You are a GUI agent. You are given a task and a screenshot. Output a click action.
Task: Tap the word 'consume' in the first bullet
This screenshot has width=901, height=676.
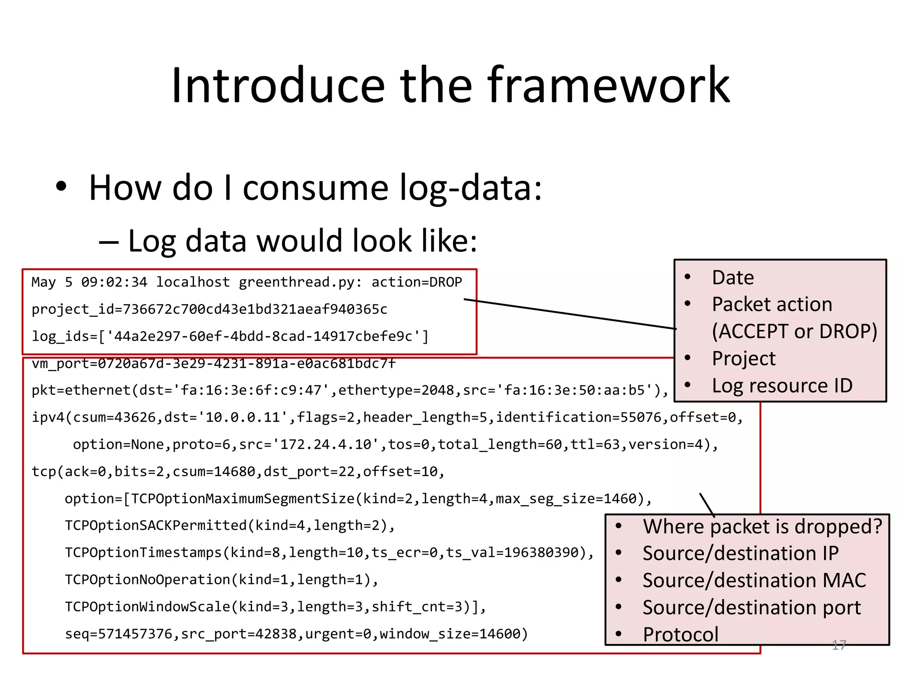click(x=315, y=188)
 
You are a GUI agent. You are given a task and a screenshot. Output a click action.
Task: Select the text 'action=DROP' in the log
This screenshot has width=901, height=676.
click(x=417, y=282)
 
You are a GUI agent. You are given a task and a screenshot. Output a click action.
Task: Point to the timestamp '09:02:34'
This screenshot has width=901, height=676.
click(x=114, y=282)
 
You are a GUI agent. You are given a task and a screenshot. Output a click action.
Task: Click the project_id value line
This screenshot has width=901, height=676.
click(x=209, y=309)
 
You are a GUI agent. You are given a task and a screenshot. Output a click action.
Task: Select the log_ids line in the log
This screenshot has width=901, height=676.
click(x=230, y=337)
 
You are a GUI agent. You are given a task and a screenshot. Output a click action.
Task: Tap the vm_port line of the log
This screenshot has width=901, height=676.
click(x=214, y=364)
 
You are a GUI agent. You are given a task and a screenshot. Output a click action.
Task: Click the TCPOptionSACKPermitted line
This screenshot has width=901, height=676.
click(x=230, y=525)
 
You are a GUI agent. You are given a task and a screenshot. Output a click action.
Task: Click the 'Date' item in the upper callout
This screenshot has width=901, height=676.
click(x=733, y=278)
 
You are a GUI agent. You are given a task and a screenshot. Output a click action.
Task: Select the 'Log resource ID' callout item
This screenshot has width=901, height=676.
click(x=782, y=386)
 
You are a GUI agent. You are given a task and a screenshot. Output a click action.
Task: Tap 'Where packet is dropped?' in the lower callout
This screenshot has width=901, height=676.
click(x=762, y=526)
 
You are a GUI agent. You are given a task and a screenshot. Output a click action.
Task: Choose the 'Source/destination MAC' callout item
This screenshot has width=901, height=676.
click(x=754, y=580)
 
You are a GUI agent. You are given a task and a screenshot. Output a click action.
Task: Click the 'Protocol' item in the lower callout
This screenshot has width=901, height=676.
click(x=681, y=634)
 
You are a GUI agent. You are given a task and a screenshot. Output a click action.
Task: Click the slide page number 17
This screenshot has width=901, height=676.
click(x=839, y=645)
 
